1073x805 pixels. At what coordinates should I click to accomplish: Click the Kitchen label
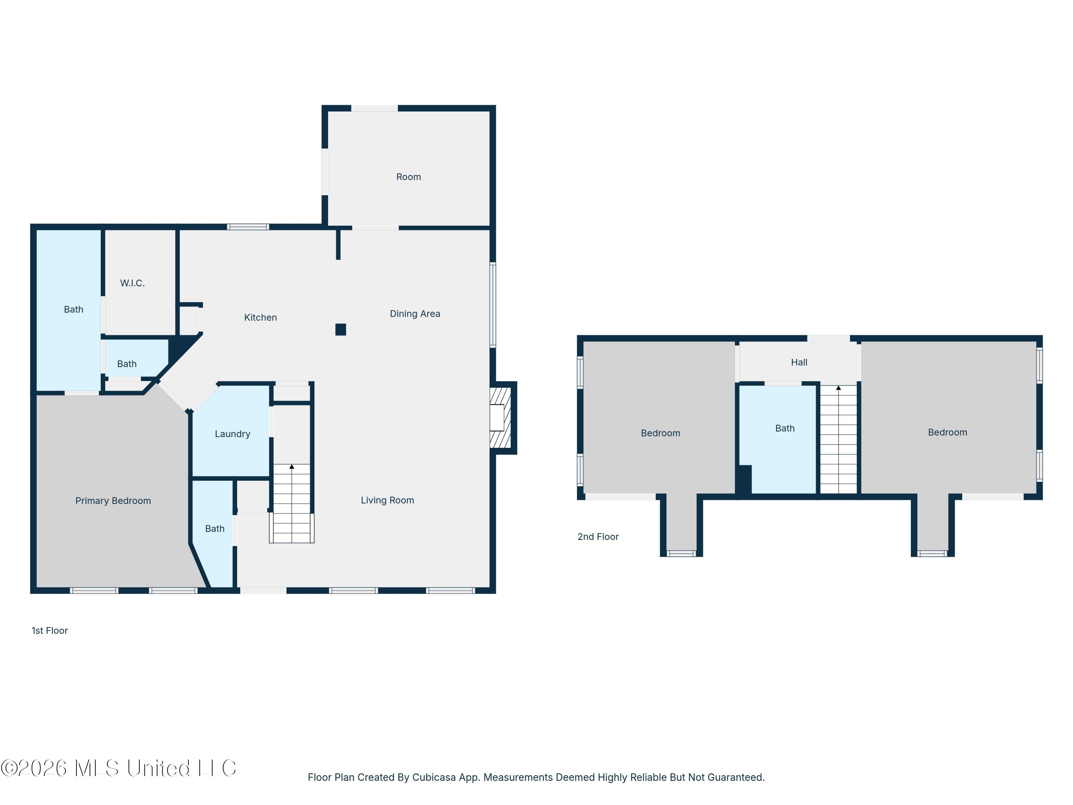coord(260,317)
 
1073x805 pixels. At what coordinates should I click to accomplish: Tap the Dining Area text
coord(415,313)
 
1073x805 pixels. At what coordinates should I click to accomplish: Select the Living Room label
coord(387,500)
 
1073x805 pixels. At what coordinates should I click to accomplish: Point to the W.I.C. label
coord(132,283)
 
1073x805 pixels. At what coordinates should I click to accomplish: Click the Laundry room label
coord(232,434)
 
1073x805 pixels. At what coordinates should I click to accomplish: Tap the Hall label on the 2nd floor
coord(799,362)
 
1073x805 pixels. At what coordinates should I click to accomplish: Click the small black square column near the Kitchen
coord(340,330)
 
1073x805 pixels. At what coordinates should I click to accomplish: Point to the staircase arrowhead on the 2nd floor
coord(838,388)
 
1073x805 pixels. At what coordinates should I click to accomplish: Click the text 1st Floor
coord(49,630)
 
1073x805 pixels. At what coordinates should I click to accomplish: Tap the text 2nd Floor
coord(598,537)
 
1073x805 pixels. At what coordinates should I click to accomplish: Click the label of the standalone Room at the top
coord(408,177)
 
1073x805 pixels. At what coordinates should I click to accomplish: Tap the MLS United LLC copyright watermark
coord(119,768)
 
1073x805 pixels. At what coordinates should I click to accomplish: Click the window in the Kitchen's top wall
coord(248,226)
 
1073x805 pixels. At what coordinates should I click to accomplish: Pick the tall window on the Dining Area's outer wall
coord(493,305)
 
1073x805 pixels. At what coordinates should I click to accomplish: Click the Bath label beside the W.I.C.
coord(73,309)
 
